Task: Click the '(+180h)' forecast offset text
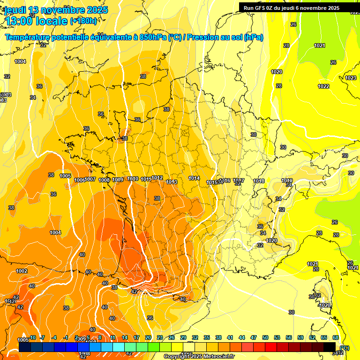[83, 21]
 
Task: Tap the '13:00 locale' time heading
[36, 21]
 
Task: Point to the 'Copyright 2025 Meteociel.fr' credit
[199, 357]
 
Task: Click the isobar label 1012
[157, 178]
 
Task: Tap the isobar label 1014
[194, 179]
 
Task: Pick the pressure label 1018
[259, 181]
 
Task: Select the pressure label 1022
[323, 86]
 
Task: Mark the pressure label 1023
[350, 78]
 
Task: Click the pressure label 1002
[22, 271]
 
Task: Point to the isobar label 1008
[104, 180]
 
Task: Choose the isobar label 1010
[133, 179]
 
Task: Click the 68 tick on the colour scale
[336, 337]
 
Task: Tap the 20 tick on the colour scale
[148, 337]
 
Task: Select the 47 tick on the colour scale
[254, 337]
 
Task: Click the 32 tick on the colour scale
[195, 337]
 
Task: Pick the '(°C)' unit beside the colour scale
[345, 348]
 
